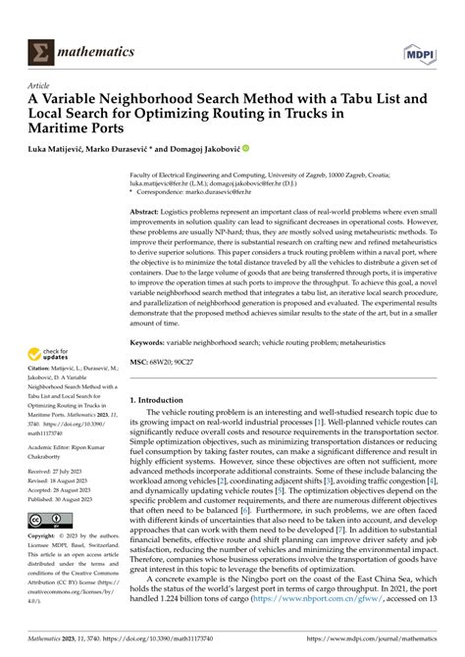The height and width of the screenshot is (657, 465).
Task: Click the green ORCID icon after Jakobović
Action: click(245, 150)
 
